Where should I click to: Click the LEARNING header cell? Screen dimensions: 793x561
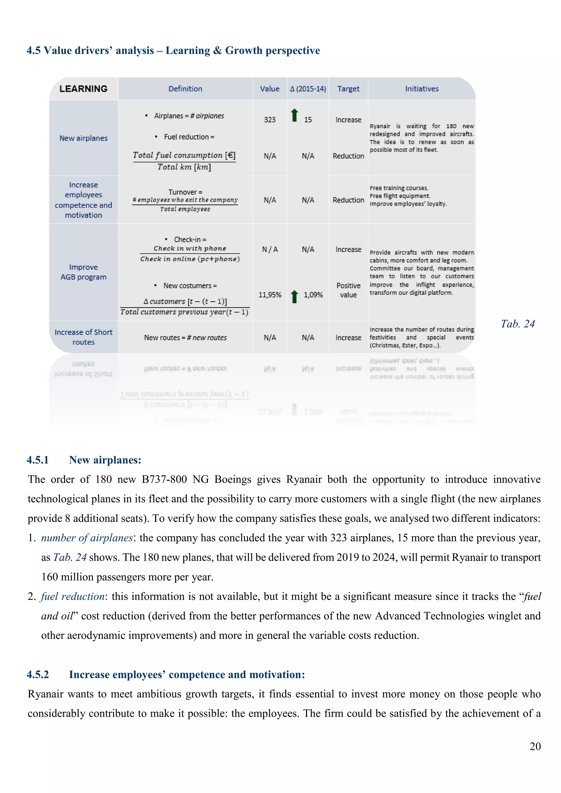click(83, 89)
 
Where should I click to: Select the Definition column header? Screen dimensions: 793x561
click(185, 89)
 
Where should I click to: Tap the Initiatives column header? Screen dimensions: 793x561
click(422, 89)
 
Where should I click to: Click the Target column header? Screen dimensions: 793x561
click(348, 89)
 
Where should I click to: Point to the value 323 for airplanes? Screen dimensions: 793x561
click(270, 119)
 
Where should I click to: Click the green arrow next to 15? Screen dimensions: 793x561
click(294, 115)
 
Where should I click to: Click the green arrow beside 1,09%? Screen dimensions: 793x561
click(294, 296)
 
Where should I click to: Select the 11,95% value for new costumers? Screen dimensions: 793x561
click(270, 295)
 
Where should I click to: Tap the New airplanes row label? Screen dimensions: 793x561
click(83, 138)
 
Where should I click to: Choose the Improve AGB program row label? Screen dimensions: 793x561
click(83, 272)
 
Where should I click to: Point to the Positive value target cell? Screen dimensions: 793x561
click(348, 290)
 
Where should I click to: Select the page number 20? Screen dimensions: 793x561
click(535, 746)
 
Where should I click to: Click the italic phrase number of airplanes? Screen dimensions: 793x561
click(87, 537)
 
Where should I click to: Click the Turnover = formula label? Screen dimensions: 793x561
click(185, 192)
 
